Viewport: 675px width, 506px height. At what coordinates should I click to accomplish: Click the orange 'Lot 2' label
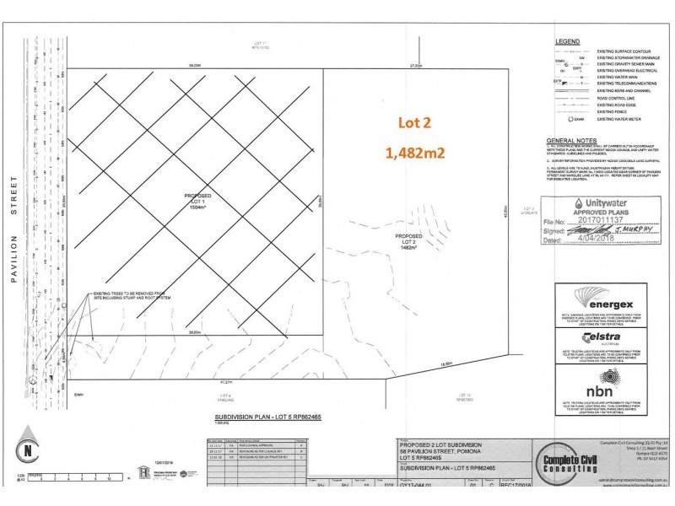(415, 123)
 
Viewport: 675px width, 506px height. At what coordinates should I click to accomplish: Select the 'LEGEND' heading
(567, 41)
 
